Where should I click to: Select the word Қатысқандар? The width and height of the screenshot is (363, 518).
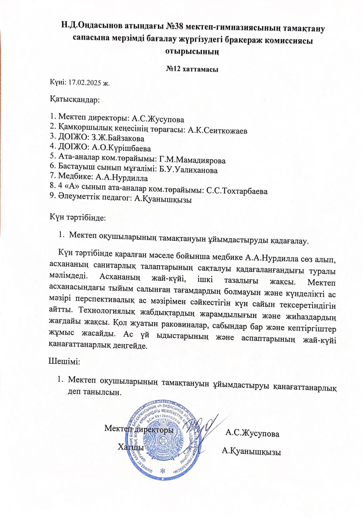75,99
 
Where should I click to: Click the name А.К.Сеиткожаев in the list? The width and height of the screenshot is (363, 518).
217,131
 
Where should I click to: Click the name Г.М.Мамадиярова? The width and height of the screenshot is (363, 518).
192,160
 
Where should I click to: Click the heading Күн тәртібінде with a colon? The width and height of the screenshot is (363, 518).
78,217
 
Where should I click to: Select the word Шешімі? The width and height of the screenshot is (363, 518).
64,361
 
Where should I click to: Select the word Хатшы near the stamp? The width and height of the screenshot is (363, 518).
131,447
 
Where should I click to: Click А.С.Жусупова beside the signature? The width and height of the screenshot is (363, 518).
252,433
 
